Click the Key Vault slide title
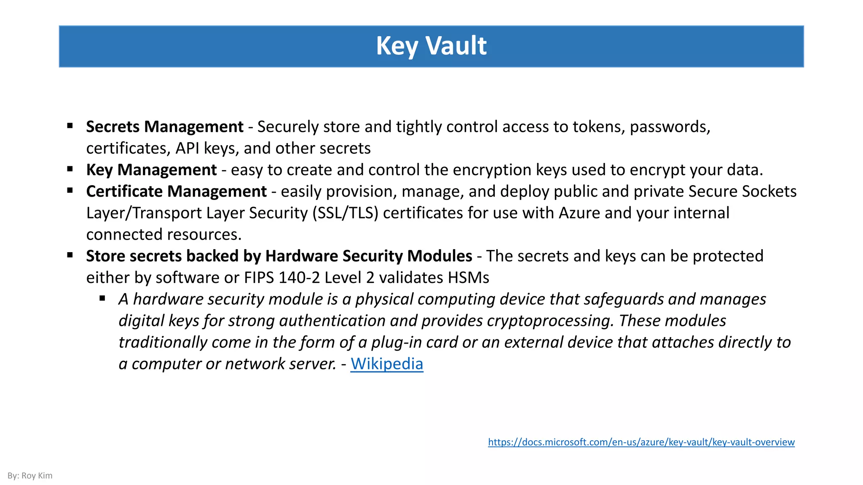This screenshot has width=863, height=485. (431, 46)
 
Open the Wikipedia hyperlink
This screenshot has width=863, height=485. (386, 364)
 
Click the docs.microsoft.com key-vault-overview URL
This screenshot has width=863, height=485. (641, 442)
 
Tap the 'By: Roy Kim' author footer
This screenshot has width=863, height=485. (30, 476)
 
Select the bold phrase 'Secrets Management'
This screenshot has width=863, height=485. (165, 127)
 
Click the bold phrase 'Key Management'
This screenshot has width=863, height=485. (151, 170)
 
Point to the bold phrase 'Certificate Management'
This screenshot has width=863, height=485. (176, 192)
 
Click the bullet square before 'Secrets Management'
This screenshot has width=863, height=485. (70, 125)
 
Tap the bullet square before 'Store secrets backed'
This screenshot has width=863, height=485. (70, 255)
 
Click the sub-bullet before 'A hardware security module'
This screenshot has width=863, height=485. (102, 298)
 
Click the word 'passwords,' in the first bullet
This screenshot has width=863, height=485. (670, 127)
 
